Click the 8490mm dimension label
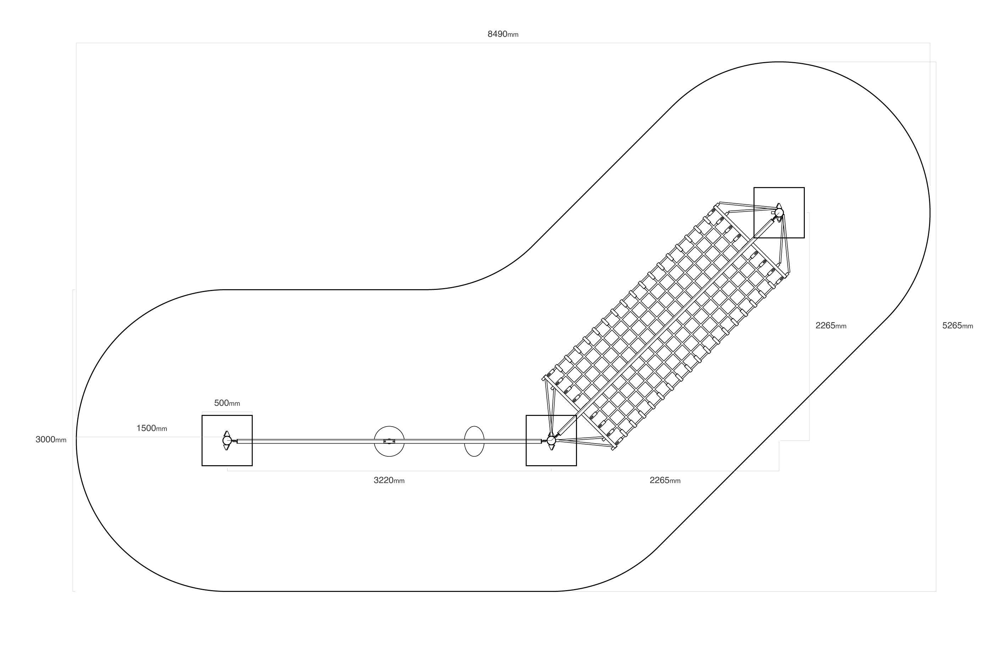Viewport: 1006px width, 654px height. (503, 34)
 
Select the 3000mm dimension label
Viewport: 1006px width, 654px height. (51, 440)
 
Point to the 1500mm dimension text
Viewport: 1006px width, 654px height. (152, 428)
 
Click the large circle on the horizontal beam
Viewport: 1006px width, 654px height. (389, 441)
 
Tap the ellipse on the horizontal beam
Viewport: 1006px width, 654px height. (474, 441)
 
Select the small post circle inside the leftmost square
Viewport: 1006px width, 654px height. (227, 440)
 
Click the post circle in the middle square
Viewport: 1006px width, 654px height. (551, 440)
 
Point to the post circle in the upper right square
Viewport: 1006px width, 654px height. (779, 213)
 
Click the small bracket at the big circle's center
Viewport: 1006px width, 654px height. (389, 441)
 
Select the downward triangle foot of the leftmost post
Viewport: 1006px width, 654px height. (227, 447)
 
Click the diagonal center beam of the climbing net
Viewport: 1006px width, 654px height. (665, 326)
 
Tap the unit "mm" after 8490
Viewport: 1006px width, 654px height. (513, 35)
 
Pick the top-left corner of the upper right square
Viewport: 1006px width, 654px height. (754, 188)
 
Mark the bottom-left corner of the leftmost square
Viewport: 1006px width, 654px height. (202, 466)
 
